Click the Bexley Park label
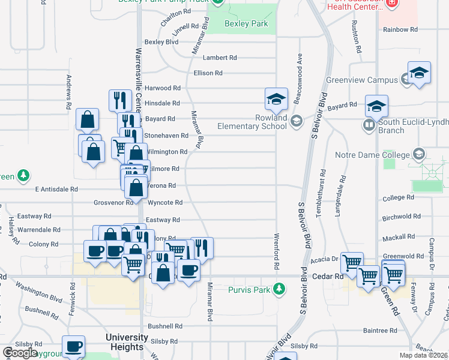247,24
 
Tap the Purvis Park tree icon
279,290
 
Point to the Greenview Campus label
362,80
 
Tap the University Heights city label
125,343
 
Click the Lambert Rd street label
220,58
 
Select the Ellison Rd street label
208,73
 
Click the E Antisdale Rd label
56,189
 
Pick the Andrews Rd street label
70,92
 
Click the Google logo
20,352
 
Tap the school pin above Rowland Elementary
276,99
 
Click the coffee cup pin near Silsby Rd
74,347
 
